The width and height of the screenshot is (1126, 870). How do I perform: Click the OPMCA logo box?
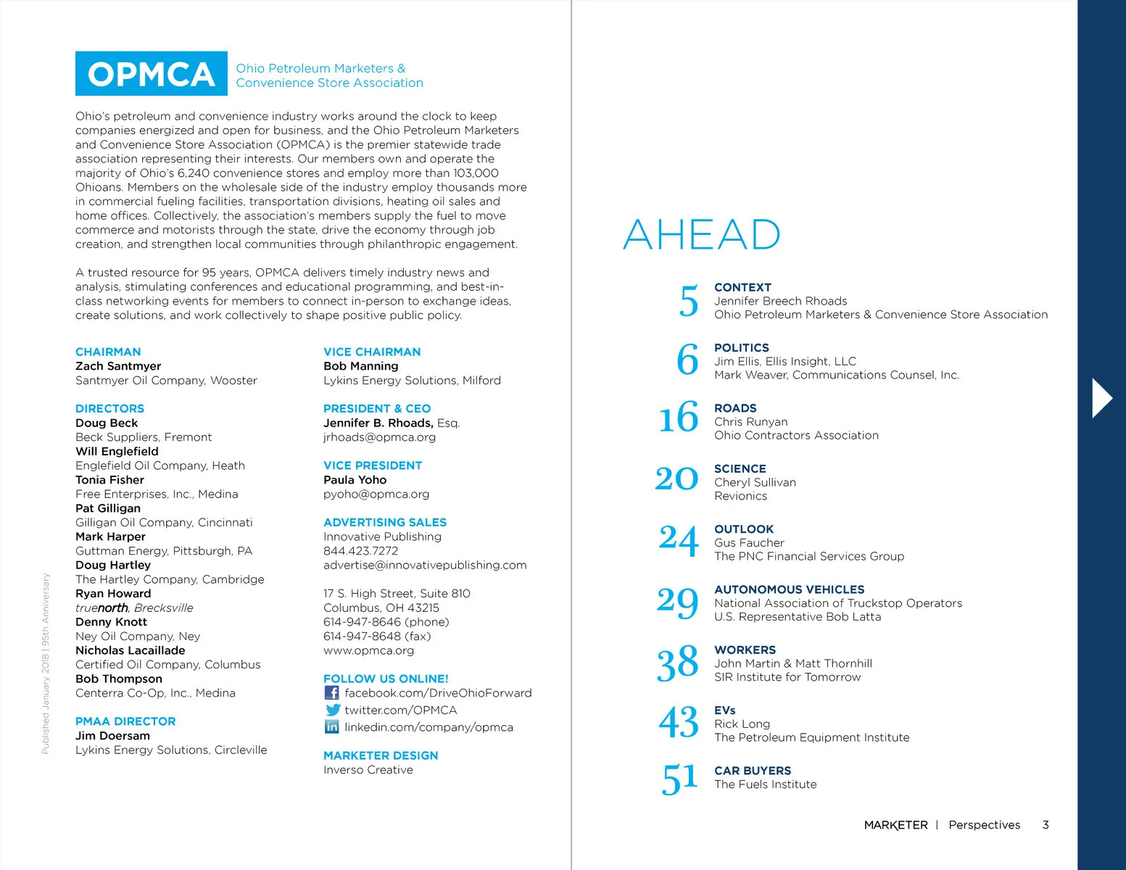click(151, 73)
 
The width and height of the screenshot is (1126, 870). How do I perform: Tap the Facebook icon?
click(331, 692)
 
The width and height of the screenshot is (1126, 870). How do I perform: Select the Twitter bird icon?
click(332, 710)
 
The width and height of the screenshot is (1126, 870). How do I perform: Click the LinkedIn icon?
click(331, 726)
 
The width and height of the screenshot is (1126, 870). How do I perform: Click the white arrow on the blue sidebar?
click(1101, 397)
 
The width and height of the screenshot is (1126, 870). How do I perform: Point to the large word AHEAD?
click(701, 235)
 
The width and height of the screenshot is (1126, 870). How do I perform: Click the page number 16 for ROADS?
click(678, 418)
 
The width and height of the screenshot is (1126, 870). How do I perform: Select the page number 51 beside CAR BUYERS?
click(679, 778)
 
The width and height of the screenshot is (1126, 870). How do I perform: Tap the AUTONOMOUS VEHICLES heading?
click(789, 589)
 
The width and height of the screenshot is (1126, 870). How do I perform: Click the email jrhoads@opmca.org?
click(379, 437)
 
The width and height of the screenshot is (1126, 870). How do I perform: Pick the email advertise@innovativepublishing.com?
click(425, 565)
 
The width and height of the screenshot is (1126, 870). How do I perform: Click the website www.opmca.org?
click(368, 650)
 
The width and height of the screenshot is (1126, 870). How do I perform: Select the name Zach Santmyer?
click(118, 366)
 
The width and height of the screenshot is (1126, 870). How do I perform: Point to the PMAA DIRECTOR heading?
click(125, 721)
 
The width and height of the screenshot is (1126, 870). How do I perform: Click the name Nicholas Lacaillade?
click(130, 650)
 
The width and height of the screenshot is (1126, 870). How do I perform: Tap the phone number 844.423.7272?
click(360, 550)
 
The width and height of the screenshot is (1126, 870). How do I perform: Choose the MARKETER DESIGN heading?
click(381, 755)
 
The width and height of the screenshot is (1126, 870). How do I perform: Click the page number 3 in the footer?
click(1045, 824)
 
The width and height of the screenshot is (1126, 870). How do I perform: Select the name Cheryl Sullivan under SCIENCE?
click(755, 482)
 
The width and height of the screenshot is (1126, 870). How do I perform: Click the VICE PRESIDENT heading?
click(373, 465)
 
